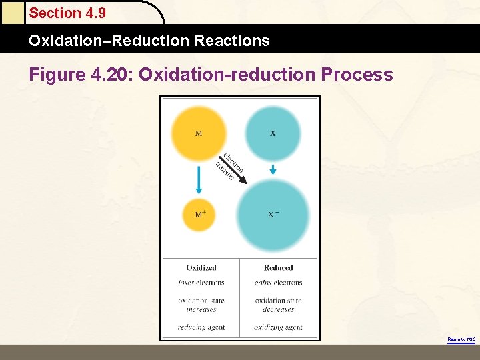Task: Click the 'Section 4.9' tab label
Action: [67, 13]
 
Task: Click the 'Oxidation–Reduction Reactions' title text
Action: [149, 41]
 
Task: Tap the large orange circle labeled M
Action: [199, 133]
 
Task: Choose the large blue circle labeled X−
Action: [273, 214]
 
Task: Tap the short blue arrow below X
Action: [273, 171]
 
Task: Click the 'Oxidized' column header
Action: [201, 267]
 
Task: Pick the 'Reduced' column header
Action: [278, 267]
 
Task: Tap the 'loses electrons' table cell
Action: [201, 283]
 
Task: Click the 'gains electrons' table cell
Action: [278, 283]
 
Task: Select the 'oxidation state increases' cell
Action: [201, 305]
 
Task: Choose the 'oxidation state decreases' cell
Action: [278, 305]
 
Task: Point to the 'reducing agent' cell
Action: [201, 327]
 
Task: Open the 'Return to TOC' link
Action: [461, 339]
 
